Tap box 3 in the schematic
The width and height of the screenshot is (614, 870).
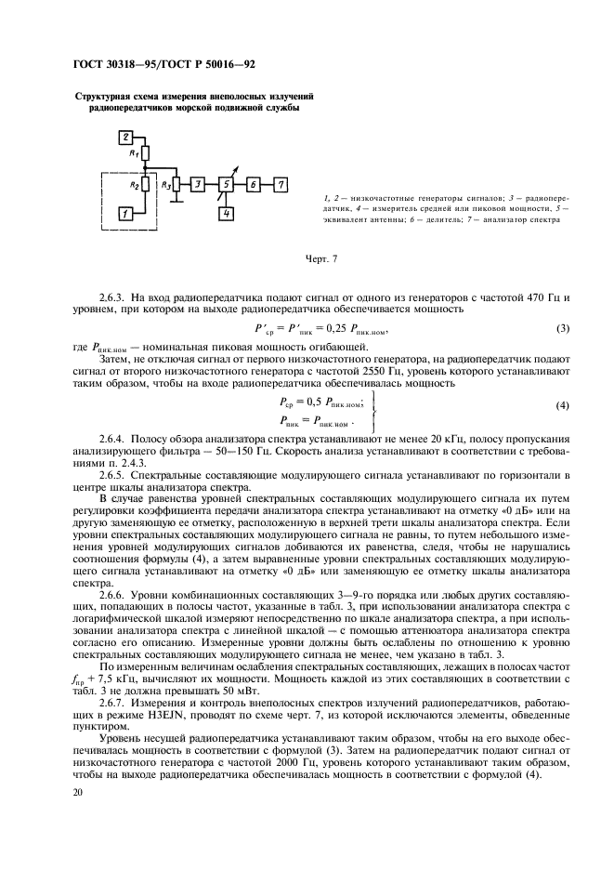[x=199, y=185]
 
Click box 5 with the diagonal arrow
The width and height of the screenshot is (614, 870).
[x=225, y=185]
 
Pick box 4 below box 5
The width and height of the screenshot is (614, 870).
[x=225, y=214]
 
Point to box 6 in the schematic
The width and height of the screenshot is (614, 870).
[x=253, y=185]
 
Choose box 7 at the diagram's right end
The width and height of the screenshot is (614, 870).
[x=281, y=185]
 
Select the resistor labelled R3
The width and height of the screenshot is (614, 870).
[x=176, y=185]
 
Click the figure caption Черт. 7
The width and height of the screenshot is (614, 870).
[x=320, y=257]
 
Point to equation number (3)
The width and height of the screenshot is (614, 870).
[x=562, y=330]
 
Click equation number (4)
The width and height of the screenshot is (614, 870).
[x=562, y=405]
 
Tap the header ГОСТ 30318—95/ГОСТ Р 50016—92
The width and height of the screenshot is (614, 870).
[x=163, y=63]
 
